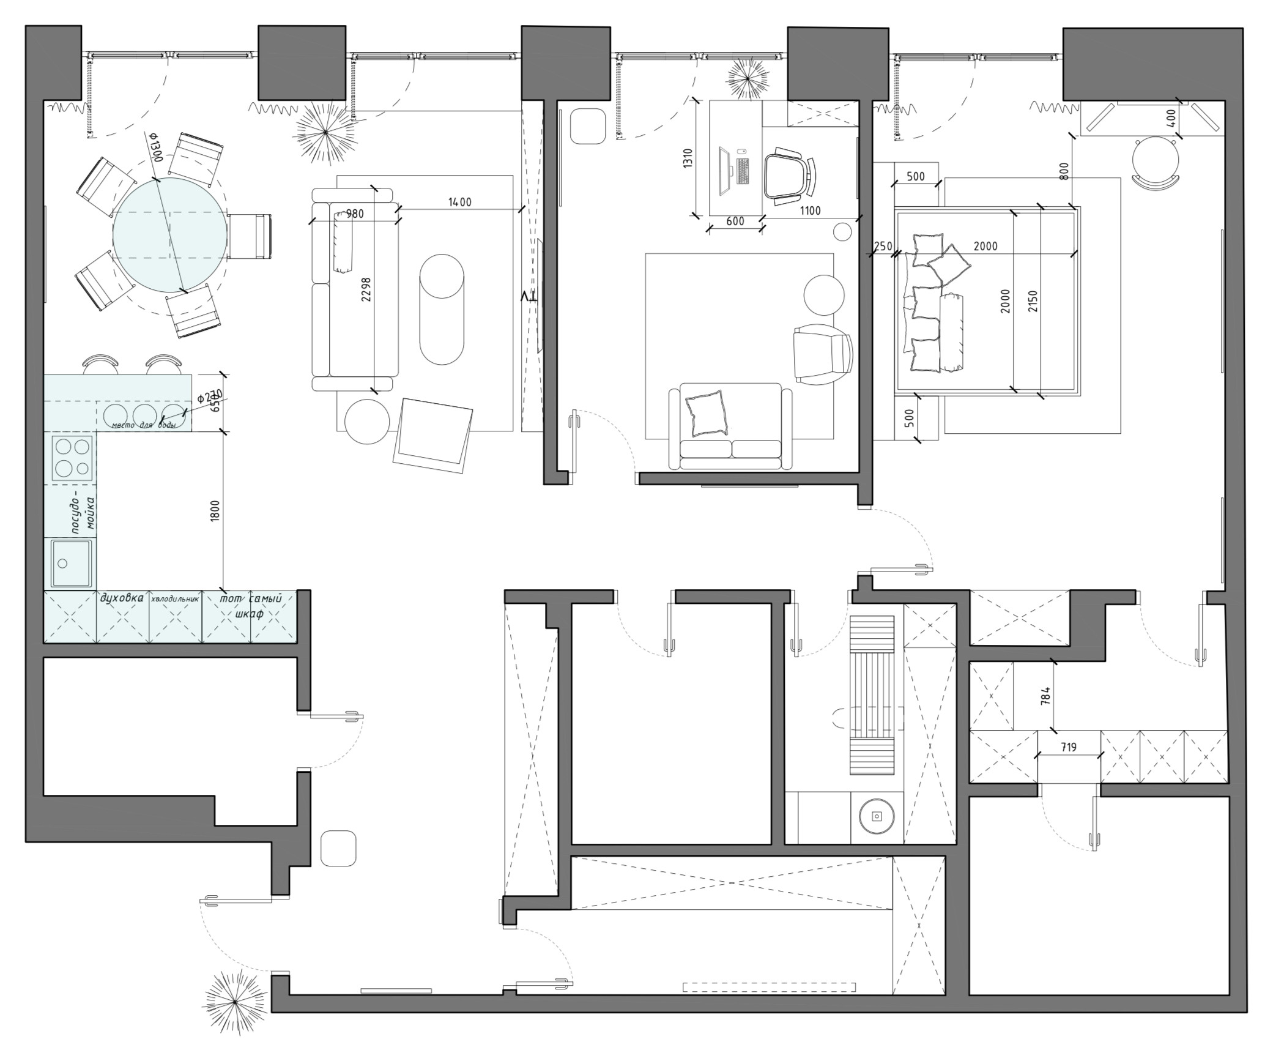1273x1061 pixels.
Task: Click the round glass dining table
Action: [169, 235]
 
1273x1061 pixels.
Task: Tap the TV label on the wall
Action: [528, 297]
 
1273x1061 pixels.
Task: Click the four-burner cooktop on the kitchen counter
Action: [72, 458]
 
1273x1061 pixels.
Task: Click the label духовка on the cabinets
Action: [122, 598]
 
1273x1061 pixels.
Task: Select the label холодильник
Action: [175, 599]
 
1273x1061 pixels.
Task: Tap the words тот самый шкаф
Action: [250, 605]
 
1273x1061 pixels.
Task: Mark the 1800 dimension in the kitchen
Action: [214, 510]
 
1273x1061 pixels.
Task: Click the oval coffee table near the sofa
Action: [441, 310]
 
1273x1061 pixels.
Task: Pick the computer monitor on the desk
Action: [724, 171]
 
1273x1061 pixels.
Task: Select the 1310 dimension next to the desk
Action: [688, 159]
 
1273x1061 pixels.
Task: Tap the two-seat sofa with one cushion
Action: [730, 426]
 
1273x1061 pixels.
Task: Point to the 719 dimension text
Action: [1069, 747]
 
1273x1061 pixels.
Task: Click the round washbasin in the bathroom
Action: [876, 816]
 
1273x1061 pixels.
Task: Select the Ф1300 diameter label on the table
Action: [154, 147]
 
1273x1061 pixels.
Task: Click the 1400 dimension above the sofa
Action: [459, 202]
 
